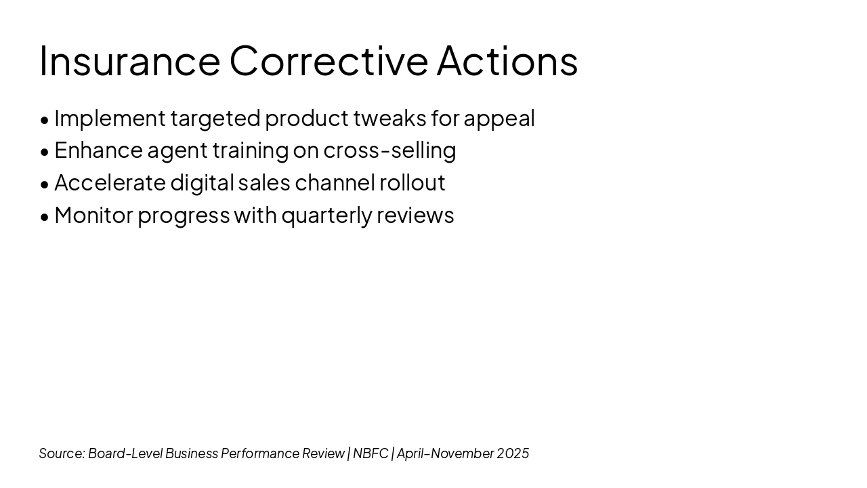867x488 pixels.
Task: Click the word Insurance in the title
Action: [x=130, y=61]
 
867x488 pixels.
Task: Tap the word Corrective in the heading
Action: [x=329, y=61]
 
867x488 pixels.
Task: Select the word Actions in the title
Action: [x=507, y=61]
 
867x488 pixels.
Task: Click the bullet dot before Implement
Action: [x=45, y=121]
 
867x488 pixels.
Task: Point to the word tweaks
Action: [x=389, y=118]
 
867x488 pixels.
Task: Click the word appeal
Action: [x=499, y=119]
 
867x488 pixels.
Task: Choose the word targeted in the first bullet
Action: [x=215, y=119]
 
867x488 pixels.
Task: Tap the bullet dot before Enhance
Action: [x=45, y=152]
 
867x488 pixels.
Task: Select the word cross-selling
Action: [x=389, y=151]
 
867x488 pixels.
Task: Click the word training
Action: [x=251, y=151]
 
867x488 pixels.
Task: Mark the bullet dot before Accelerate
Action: [x=45, y=185]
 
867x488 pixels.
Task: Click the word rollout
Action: [x=413, y=183]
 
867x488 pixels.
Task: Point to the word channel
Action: [x=335, y=183]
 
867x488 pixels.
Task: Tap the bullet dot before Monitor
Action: [x=45, y=218]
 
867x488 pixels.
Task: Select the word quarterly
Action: [x=326, y=216]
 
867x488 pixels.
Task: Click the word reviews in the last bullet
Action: [x=415, y=216]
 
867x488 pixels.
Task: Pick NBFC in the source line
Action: [x=371, y=453]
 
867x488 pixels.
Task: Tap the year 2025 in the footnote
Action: [x=513, y=453]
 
